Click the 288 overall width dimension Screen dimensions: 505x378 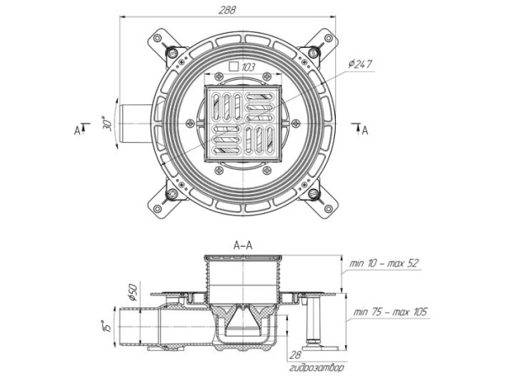click(x=227, y=9)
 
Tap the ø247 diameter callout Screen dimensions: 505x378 click(x=359, y=65)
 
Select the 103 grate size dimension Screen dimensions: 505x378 click(x=248, y=67)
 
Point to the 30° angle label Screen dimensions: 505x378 click(x=108, y=123)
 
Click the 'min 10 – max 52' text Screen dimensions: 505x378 click(x=385, y=263)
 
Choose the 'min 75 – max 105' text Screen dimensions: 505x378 click(x=390, y=312)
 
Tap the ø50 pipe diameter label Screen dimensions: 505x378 click(x=133, y=291)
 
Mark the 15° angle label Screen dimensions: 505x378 click(x=107, y=326)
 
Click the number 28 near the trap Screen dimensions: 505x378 click(x=295, y=354)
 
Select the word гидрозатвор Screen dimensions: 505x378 click(x=316, y=368)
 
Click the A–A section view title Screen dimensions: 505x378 click(x=243, y=245)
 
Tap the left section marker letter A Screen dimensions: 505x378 click(x=77, y=130)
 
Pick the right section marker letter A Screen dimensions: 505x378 click(x=364, y=130)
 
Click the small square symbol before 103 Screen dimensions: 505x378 click(x=234, y=66)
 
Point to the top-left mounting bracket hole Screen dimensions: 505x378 click(x=157, y=38)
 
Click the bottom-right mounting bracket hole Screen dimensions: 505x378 click(x=328, y=209)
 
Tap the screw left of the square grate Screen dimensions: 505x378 click(x=190, y=123)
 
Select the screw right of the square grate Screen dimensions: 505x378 click(x=296, y=123)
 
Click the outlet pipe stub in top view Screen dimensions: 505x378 click(x=136, y=123)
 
